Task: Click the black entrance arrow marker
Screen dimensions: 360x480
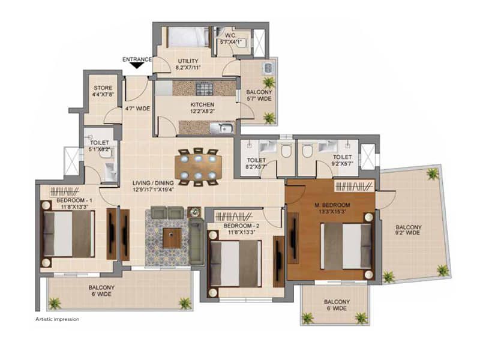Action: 137,65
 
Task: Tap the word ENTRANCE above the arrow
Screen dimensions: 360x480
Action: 137,59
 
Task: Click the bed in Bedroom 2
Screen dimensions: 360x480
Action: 234,263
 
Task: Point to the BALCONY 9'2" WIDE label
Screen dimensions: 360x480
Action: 409,230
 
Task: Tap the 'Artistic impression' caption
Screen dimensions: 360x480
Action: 57,319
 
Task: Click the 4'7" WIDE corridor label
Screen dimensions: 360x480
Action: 137,109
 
